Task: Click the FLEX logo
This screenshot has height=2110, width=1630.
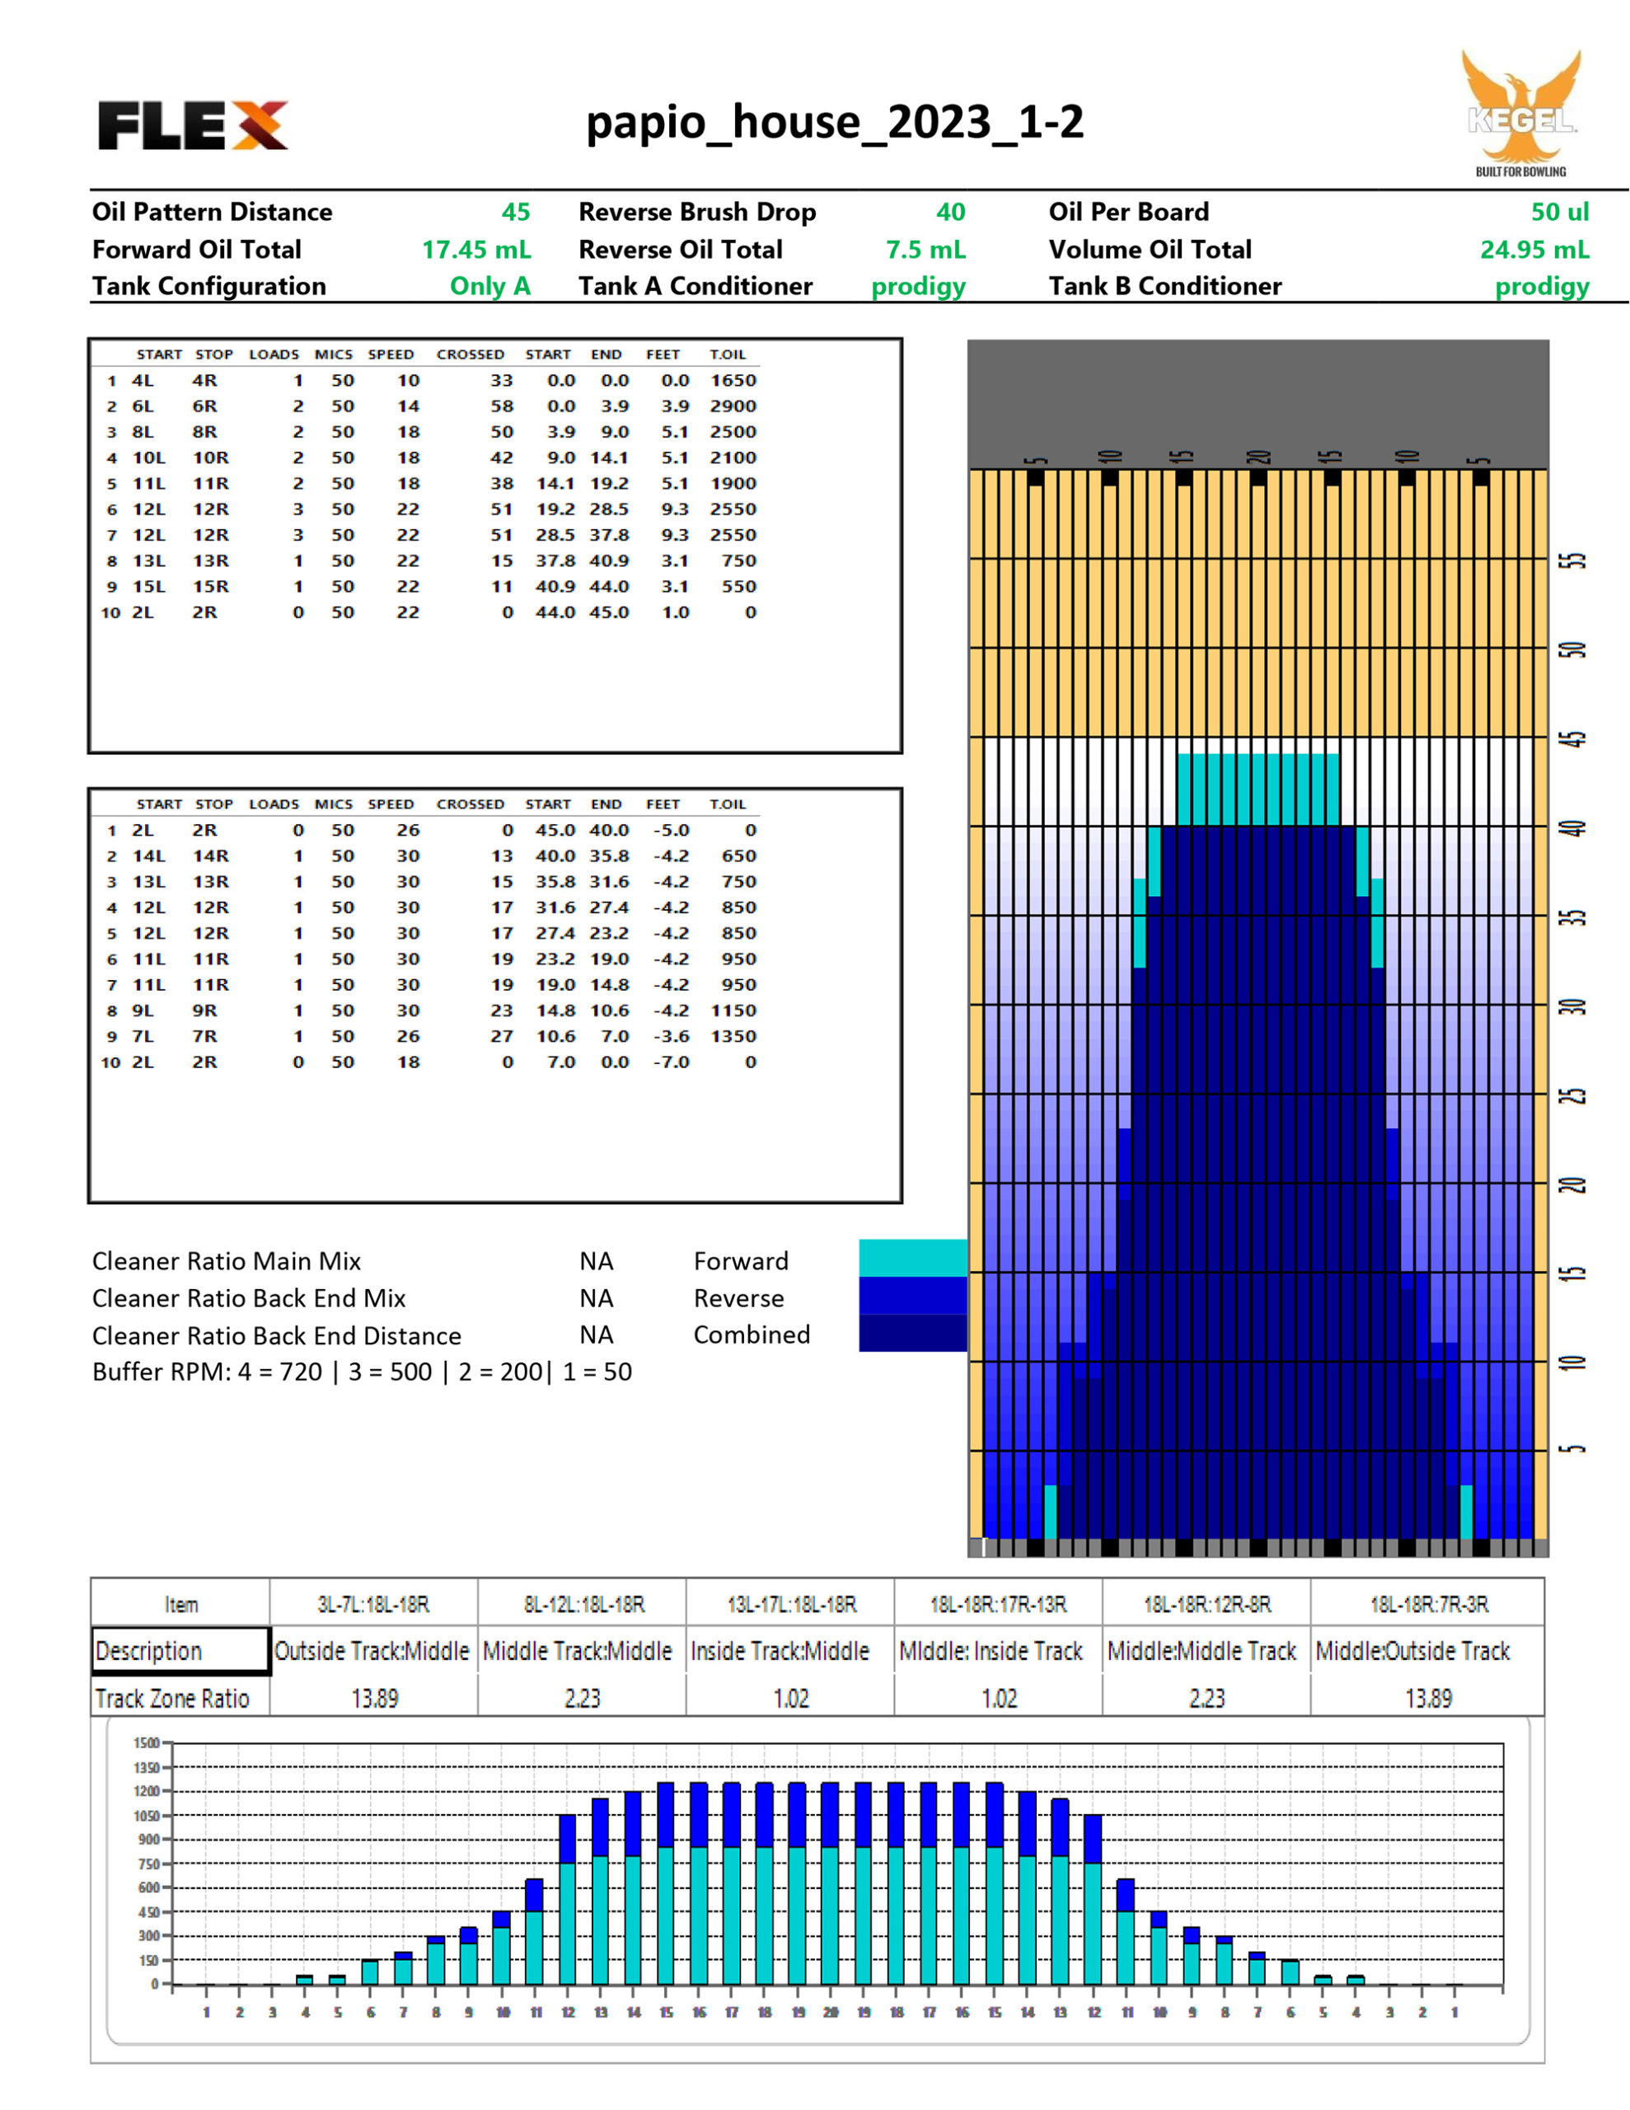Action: click(192, 125)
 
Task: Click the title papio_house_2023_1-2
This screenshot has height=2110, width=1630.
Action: click(835, 123)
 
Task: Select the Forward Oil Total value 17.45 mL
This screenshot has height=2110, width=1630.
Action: click(476, 249)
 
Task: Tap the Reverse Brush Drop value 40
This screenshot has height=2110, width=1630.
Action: click(950, 212)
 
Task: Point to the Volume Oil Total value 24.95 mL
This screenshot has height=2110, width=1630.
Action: click(1534, 249)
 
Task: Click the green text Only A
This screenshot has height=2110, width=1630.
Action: click(489, 286)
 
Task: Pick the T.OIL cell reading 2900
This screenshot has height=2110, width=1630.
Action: click(733, 406)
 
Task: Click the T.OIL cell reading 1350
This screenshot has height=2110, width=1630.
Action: click(733, 1037)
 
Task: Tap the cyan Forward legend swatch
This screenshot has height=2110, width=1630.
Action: click(912, 1258)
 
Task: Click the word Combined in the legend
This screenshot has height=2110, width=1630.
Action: click(752, 1335)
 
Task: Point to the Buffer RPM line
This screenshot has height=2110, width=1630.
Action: click(362, 1371)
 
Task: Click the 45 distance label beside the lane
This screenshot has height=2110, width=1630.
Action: click(1576, 739)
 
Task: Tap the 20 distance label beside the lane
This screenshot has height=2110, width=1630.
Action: click(1576, 1185)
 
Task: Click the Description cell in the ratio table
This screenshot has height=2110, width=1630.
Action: click(180, 1651)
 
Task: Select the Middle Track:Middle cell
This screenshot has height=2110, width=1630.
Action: click(577, 1651)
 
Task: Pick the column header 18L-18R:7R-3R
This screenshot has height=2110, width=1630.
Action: click(1428, 1605)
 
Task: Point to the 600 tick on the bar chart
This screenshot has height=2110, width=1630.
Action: click(148, 1887)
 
